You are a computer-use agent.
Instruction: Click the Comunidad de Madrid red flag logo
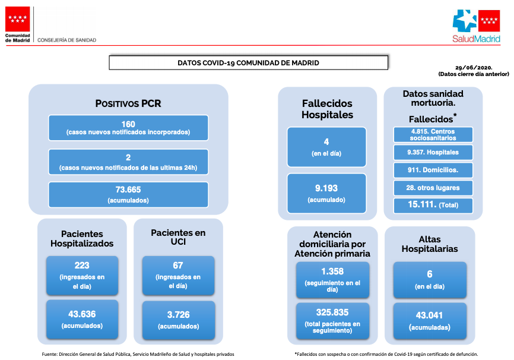coord(17,19)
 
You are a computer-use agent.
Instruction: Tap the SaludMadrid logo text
coord(476,39)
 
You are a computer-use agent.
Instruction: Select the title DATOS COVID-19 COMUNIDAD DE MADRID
coord(248,63)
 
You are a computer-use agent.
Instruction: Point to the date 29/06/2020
coord(474,68)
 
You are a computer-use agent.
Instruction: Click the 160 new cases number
coord(128,124)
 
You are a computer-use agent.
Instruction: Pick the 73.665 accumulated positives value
coord(128,190)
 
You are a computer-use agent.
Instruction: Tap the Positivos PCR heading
coord(128,103)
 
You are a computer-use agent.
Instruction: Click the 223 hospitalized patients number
coord(82,265)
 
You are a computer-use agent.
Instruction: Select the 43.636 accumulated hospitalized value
coord(82,314)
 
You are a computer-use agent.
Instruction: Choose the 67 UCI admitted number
coord(178,265)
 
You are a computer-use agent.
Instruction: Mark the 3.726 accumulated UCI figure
coord(178,315)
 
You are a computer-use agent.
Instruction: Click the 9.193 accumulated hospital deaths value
coord(326,188)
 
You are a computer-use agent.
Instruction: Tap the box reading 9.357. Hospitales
coord(433,152)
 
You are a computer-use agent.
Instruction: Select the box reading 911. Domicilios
coord(433,170)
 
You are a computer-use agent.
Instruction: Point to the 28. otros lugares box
coord(433,188)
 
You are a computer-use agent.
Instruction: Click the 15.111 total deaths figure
coord(422,204)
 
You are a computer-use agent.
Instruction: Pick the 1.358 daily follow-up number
coord(332,271)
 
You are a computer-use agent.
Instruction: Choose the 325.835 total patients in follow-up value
coord(332,312)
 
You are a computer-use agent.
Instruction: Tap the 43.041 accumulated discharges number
coord(430,315)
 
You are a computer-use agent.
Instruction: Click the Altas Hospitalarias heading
coord(430,244)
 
